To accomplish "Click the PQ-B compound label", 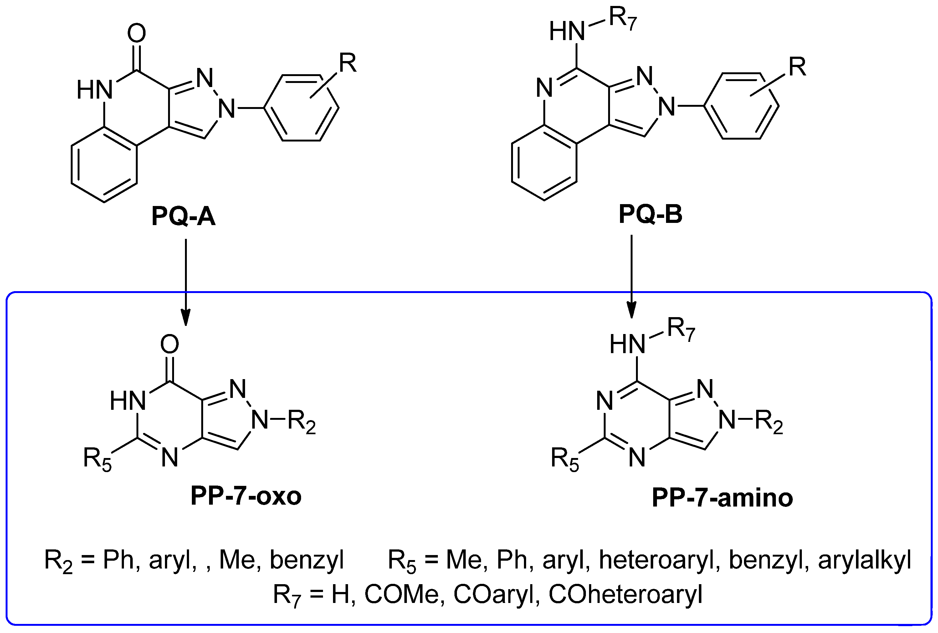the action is (650, 214).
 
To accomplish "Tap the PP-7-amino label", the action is (722, 498).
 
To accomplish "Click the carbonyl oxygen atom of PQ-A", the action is (136, 33).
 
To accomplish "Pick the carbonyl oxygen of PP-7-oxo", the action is (170, 344).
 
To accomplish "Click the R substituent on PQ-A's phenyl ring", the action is (347, 63).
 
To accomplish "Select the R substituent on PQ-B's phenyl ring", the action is (797, 67).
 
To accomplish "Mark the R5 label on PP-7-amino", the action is (565, 459).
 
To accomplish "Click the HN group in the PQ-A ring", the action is (95, 90).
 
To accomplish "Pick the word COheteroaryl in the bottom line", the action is (626, 594).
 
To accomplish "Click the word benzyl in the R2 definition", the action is (307, 560).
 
